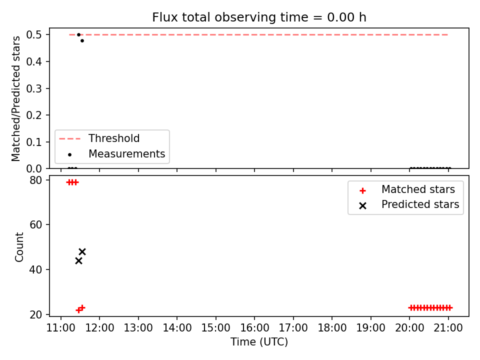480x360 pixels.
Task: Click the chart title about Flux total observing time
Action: tap(259, 17)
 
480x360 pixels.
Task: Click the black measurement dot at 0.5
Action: tap(78, 34)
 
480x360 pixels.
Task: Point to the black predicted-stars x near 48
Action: tap(82, 251)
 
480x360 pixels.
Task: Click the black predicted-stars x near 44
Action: tap(78, 261)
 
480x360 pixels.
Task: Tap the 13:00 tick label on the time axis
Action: tap(138, 328)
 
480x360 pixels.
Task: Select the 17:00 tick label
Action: tap(293, 328)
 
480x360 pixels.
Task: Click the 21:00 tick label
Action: tap(448, 328)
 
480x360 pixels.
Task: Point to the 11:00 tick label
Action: tap(60, 328)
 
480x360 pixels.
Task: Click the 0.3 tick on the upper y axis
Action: tap(34, 88)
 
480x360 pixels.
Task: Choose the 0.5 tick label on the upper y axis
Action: tap(34, 34)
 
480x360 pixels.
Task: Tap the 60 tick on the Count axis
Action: tap(35, 224)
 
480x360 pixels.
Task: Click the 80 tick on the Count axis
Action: tap(35, 180)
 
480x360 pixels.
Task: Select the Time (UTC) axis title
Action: tap(259, 341)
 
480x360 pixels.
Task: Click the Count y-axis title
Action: tap(19, 247)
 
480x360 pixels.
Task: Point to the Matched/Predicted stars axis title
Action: tap(15, 98)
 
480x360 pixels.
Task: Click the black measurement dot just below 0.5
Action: tap(82, 40)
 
